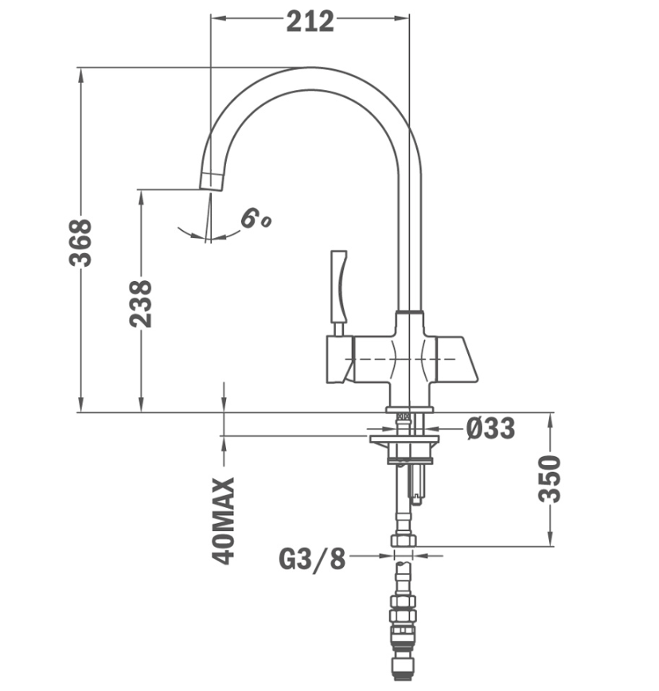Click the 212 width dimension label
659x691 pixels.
tap(310, 21)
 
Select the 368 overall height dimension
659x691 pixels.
tap(80, 242)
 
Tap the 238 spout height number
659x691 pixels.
tap(141, 303)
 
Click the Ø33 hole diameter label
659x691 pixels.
tap(490, 428)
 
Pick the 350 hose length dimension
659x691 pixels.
tap(550, 479)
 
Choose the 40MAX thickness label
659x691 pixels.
tap(223, 521)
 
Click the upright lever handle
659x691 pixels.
tap(339, 287)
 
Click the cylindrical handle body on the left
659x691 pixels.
tap(340, 360)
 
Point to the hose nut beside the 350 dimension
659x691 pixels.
tap(404, 541)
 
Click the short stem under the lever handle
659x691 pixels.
tap(338, 330)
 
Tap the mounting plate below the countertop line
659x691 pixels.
tap(404, 439)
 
